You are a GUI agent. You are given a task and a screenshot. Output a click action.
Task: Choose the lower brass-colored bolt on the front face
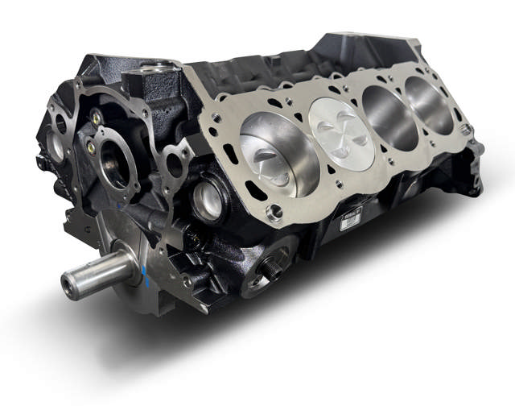coord(100,150)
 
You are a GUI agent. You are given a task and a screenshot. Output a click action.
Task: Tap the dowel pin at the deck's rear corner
coord(465,129)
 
